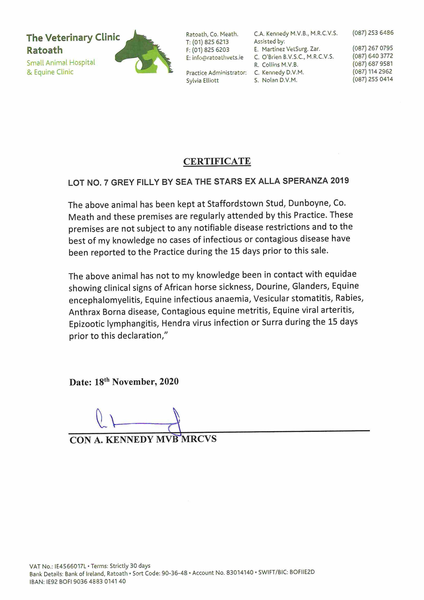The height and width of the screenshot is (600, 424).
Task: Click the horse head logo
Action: (144, 52)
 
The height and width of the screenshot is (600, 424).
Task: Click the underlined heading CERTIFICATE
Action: (217, 161)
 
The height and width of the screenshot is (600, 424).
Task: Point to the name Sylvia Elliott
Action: (202, 81)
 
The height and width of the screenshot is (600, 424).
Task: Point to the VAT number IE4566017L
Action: (70, 566)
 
